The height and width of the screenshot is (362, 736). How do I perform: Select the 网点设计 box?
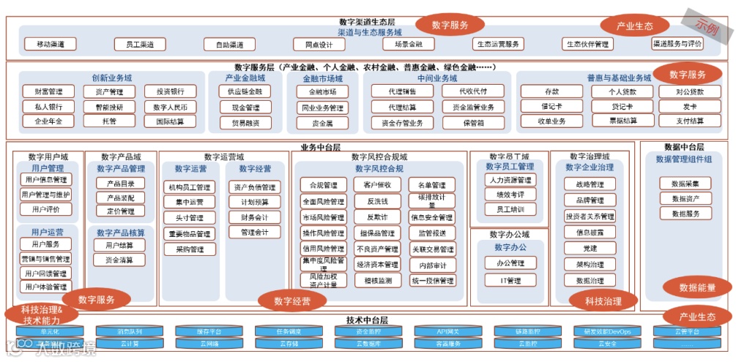[x=319, y=45]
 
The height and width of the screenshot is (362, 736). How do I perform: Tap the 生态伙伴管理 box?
[x=587, y=45]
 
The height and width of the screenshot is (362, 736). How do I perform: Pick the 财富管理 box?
[x=48, y=92]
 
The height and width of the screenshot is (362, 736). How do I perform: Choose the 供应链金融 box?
[x=245, y=92]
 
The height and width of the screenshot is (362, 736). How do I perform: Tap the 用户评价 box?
[x=45, y=209]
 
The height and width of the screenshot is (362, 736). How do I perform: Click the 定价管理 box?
[x=120, y=211]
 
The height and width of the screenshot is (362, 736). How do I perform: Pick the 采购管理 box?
[x=190, y=249]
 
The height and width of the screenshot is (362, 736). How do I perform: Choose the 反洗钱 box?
[x=377, y=201]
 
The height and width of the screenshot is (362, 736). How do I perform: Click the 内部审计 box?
[x=432, y=265]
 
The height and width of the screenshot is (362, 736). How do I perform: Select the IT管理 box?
[x=510, y=280]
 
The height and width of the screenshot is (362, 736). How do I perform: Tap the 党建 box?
[x=590, y=249]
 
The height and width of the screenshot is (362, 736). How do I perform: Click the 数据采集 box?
[x=685, y=184]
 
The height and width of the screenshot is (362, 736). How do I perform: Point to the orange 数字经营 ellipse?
[x=292, y=300]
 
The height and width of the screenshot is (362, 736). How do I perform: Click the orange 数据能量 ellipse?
[x=697, y=287]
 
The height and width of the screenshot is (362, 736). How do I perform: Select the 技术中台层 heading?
[x=366, y=320]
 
